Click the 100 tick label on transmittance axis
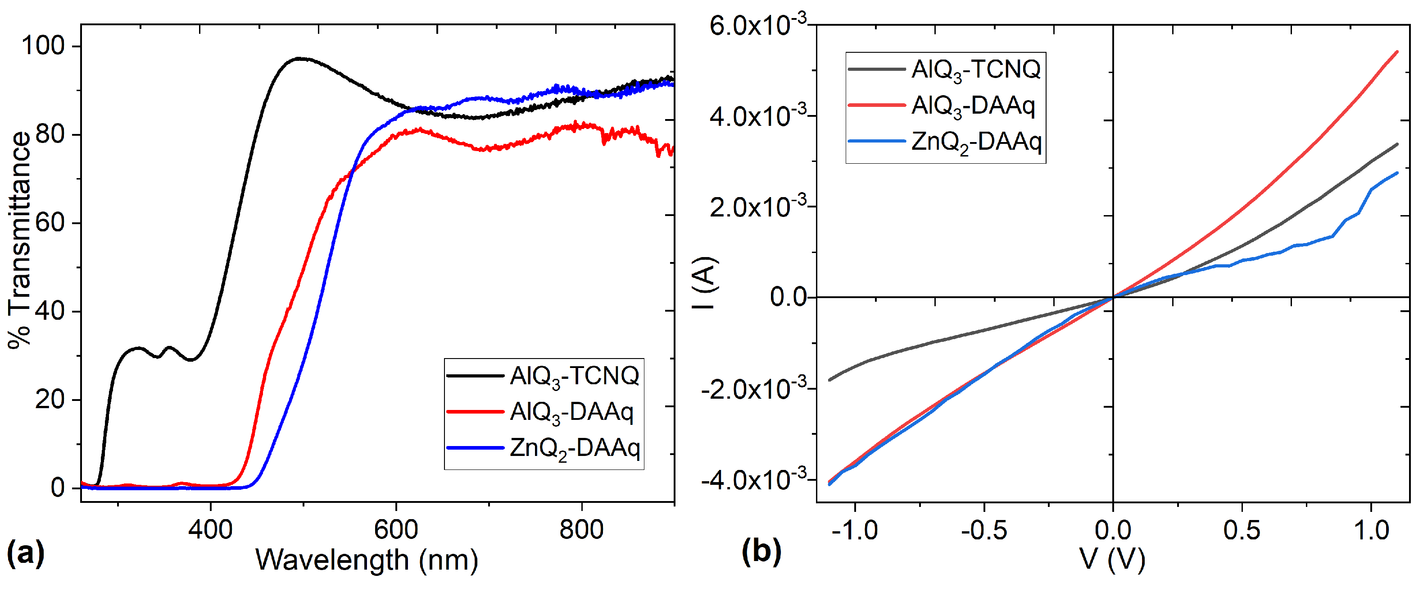pos(43,46)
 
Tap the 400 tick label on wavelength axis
pos(210,530)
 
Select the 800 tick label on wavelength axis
pos(581,530)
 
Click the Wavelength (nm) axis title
pos(366,560)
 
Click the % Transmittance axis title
pos(20,240)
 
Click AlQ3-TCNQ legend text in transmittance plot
pos(575,377)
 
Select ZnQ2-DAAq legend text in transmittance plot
pos(575,448)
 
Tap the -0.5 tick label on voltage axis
pos(984,530)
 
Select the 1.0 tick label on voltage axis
pos(1370,530)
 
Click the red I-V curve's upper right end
pos(1397,51)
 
